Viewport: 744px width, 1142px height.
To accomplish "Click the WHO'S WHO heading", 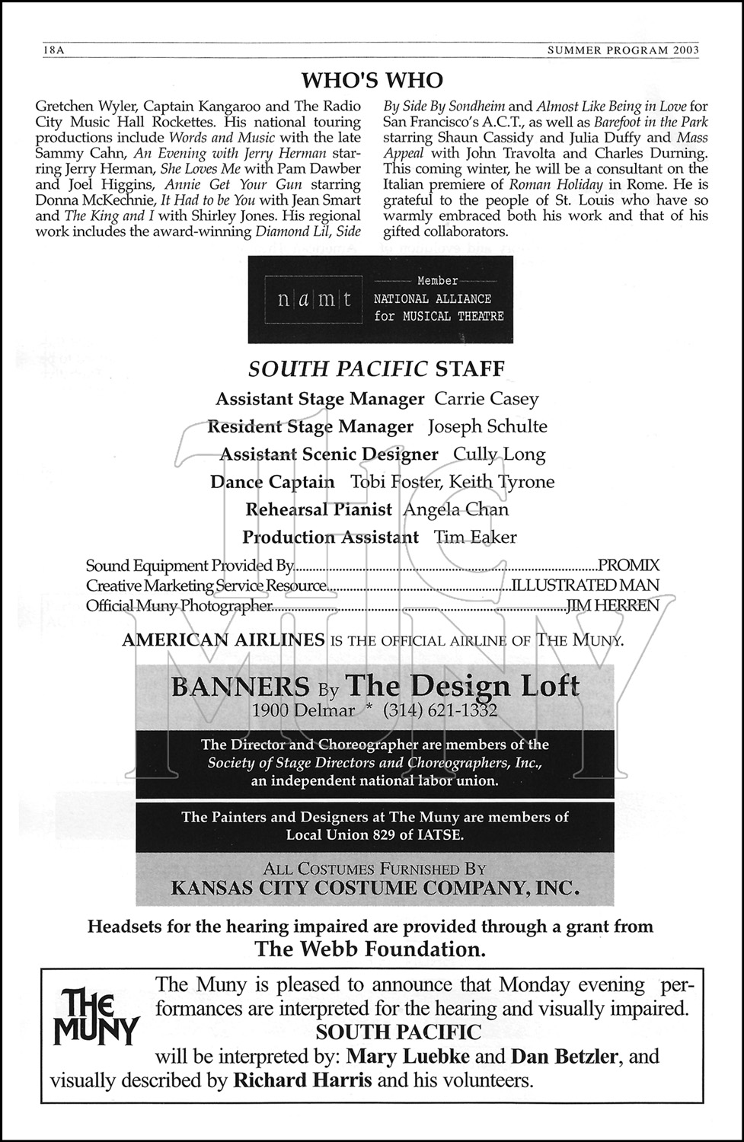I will point(372,81).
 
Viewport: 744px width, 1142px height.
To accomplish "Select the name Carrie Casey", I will point(486,399).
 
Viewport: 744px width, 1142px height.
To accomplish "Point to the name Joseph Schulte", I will point(487,426).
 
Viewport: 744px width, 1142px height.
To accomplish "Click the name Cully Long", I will point(500,455).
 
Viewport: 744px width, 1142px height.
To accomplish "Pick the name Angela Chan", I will point(455,509).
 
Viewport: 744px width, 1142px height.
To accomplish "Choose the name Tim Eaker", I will point(475,537).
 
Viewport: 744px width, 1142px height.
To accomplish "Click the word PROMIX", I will point(628,565).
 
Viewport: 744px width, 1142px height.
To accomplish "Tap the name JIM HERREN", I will point(612,605).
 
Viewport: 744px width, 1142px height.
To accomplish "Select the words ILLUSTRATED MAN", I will point(585,585).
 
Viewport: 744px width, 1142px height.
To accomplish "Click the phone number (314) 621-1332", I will point(440,710).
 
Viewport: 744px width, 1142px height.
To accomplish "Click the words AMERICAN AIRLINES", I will point(223,640).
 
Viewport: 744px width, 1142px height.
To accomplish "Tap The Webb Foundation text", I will point(370,949).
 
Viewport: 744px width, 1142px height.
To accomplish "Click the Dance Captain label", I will point(272,482).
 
